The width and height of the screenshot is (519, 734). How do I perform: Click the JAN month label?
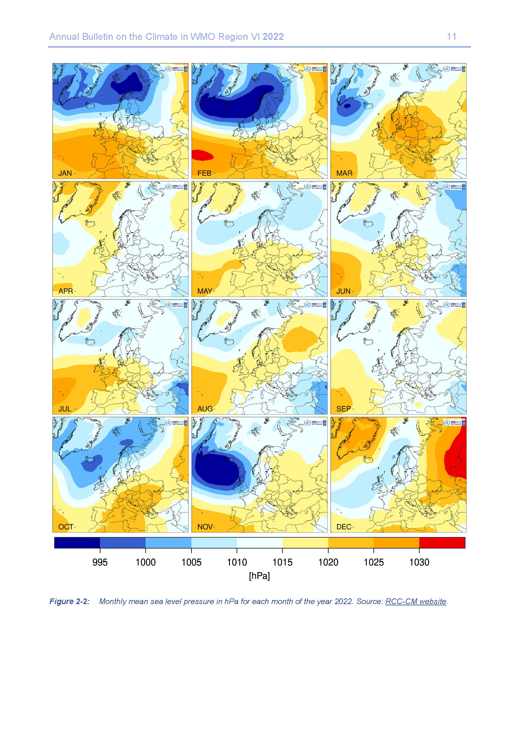[x=65, y=173]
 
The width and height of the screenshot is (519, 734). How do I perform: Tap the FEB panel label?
[x=204, y=173]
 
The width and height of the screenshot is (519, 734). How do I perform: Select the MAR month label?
[x=344, y=173]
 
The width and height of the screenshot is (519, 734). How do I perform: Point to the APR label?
[x=66, y=291]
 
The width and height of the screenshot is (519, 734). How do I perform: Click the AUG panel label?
[x=205, y=409]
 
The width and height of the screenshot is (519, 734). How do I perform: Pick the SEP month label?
[x=344, y=409]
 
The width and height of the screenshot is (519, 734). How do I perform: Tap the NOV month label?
[x=205, y=527]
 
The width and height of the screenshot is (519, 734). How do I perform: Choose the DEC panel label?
[x=344, y=527]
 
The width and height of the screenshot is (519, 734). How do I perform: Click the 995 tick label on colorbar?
[x=100, y=562]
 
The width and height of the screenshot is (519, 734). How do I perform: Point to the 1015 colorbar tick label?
[x=282, y=562]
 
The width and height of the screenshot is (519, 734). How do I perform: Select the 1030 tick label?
[x=419, y=562]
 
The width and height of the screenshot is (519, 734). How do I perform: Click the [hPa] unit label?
[x=259, y=576]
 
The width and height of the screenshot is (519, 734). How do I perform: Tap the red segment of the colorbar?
[x=442, y=543]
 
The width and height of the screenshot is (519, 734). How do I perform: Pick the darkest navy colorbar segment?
[x=77, y=543]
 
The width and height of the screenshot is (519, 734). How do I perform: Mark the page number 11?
[x=452, y=37]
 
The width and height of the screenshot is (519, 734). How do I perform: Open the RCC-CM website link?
[x=415, y=601]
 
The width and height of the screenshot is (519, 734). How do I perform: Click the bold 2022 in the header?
[x=273, y=37]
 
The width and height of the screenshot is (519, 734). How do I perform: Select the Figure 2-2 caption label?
[x=69, y=601]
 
